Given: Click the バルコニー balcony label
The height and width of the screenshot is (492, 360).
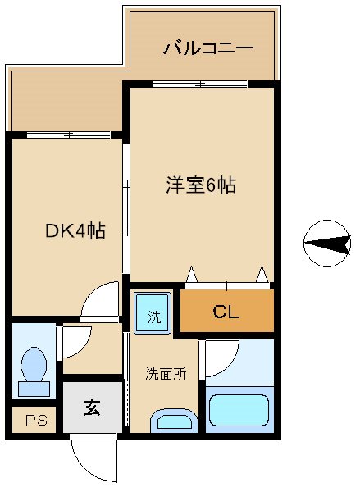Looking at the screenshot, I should [207, 47].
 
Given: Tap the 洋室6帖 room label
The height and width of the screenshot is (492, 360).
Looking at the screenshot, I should [201, 185].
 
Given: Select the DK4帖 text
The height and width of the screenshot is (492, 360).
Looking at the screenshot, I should [74, 231].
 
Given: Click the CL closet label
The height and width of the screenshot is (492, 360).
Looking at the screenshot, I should [226, 312].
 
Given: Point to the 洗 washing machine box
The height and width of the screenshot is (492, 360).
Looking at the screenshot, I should [153, 314].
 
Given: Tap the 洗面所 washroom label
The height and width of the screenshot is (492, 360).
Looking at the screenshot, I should [166, 374].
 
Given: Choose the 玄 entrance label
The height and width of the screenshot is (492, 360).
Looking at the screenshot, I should [91, 408].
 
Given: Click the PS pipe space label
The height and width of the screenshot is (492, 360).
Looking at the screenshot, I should [34, 421].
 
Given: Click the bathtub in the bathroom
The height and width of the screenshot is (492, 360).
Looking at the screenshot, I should [239, 410].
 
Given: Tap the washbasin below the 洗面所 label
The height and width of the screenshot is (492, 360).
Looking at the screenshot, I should [174, 422].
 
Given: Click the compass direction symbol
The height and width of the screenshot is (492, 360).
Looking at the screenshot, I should [326, 243].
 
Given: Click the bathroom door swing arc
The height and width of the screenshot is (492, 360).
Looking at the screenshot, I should [221, 356].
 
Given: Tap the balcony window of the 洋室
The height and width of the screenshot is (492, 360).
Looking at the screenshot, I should [200, 84].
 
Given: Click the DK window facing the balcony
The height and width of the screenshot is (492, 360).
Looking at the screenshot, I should [69, 134].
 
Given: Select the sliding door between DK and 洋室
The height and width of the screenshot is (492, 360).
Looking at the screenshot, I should [125, 209].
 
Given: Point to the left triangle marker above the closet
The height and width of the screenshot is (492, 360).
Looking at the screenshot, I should [191, 274].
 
